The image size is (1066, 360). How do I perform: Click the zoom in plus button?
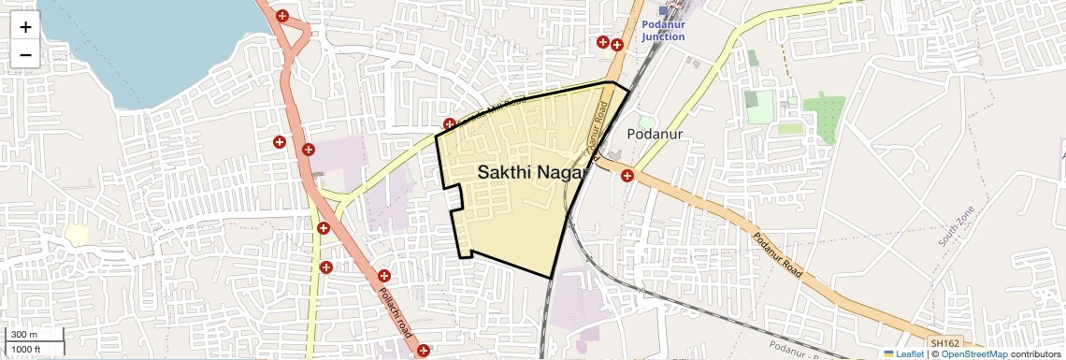coord(25,26)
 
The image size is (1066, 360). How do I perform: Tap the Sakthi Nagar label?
coord(531,172)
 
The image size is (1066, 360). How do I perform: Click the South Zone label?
coord(958,225)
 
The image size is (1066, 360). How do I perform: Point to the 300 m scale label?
coord(24,335)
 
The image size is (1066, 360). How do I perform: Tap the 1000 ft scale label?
coord(28,350)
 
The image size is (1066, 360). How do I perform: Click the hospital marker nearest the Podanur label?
coord(627,175)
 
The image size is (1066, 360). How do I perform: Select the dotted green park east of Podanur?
coord(823,117)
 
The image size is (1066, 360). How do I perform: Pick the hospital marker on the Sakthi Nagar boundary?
coord(450,124)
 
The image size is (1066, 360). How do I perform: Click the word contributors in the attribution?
coord(1035,353)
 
